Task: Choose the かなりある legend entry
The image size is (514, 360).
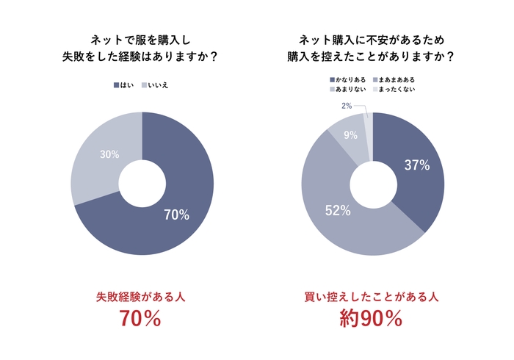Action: (348, 79)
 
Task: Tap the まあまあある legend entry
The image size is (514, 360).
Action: (396, 79)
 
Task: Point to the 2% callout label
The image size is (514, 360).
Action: (347, 107)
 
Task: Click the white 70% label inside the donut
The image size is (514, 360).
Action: (176, 215)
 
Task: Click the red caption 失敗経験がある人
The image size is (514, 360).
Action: (141, 297)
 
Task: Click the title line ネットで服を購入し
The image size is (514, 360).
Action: (142, 40)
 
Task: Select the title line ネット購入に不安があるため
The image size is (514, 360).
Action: (372, 40)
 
